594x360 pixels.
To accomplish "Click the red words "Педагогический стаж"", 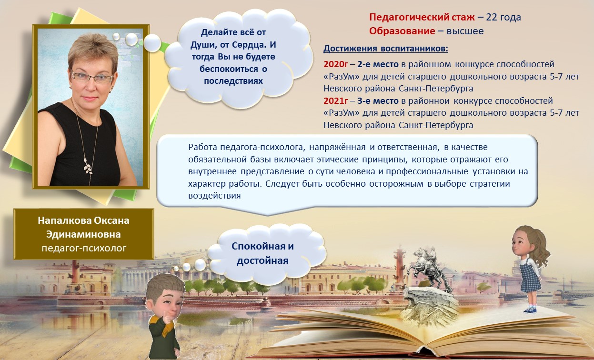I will [422, 18].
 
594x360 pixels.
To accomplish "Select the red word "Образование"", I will [402, 31].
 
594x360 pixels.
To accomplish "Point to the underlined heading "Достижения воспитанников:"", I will [386, 49].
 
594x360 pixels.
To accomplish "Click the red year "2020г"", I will [335, 64].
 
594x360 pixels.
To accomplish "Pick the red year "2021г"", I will [335, 101].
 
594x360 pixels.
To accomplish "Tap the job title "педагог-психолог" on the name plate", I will [83, 248].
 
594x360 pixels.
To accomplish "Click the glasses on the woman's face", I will [92, 77].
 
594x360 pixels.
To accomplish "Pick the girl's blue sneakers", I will [530, 309].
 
